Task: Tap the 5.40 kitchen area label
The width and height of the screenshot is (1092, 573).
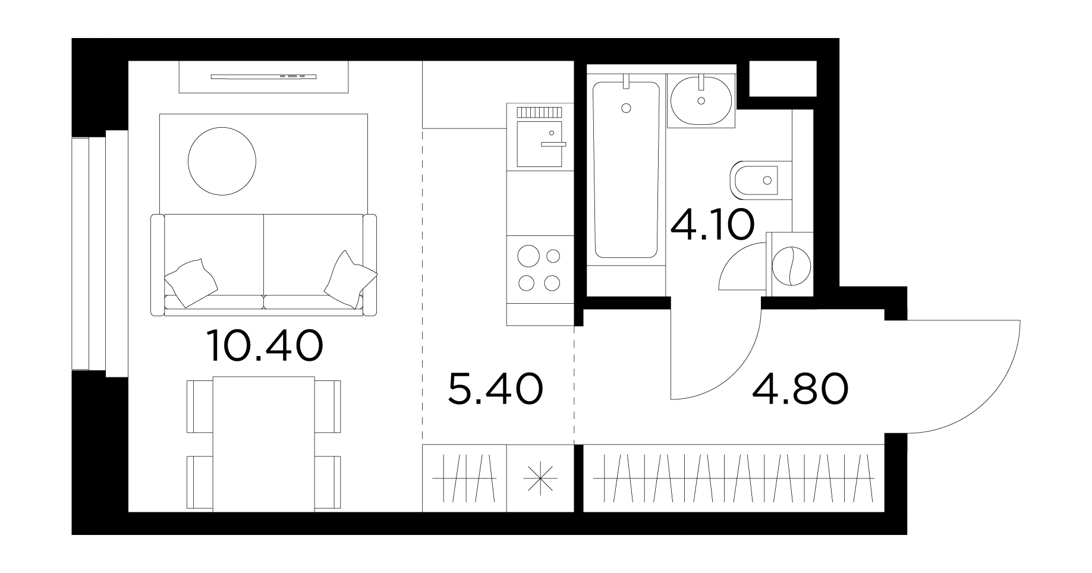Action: (495, 390)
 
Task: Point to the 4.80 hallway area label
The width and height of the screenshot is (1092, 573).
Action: (800, 389)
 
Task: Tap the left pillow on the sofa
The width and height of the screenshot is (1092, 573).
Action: (190, 283)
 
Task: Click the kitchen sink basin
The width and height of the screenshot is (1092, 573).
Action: (539, 143)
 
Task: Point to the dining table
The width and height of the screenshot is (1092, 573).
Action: (264, 444)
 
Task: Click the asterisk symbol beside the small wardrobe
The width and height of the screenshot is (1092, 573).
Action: (540, 478)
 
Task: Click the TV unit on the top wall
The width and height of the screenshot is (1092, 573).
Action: (264, 77)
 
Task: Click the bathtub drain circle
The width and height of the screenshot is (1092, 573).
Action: (625, 108)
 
